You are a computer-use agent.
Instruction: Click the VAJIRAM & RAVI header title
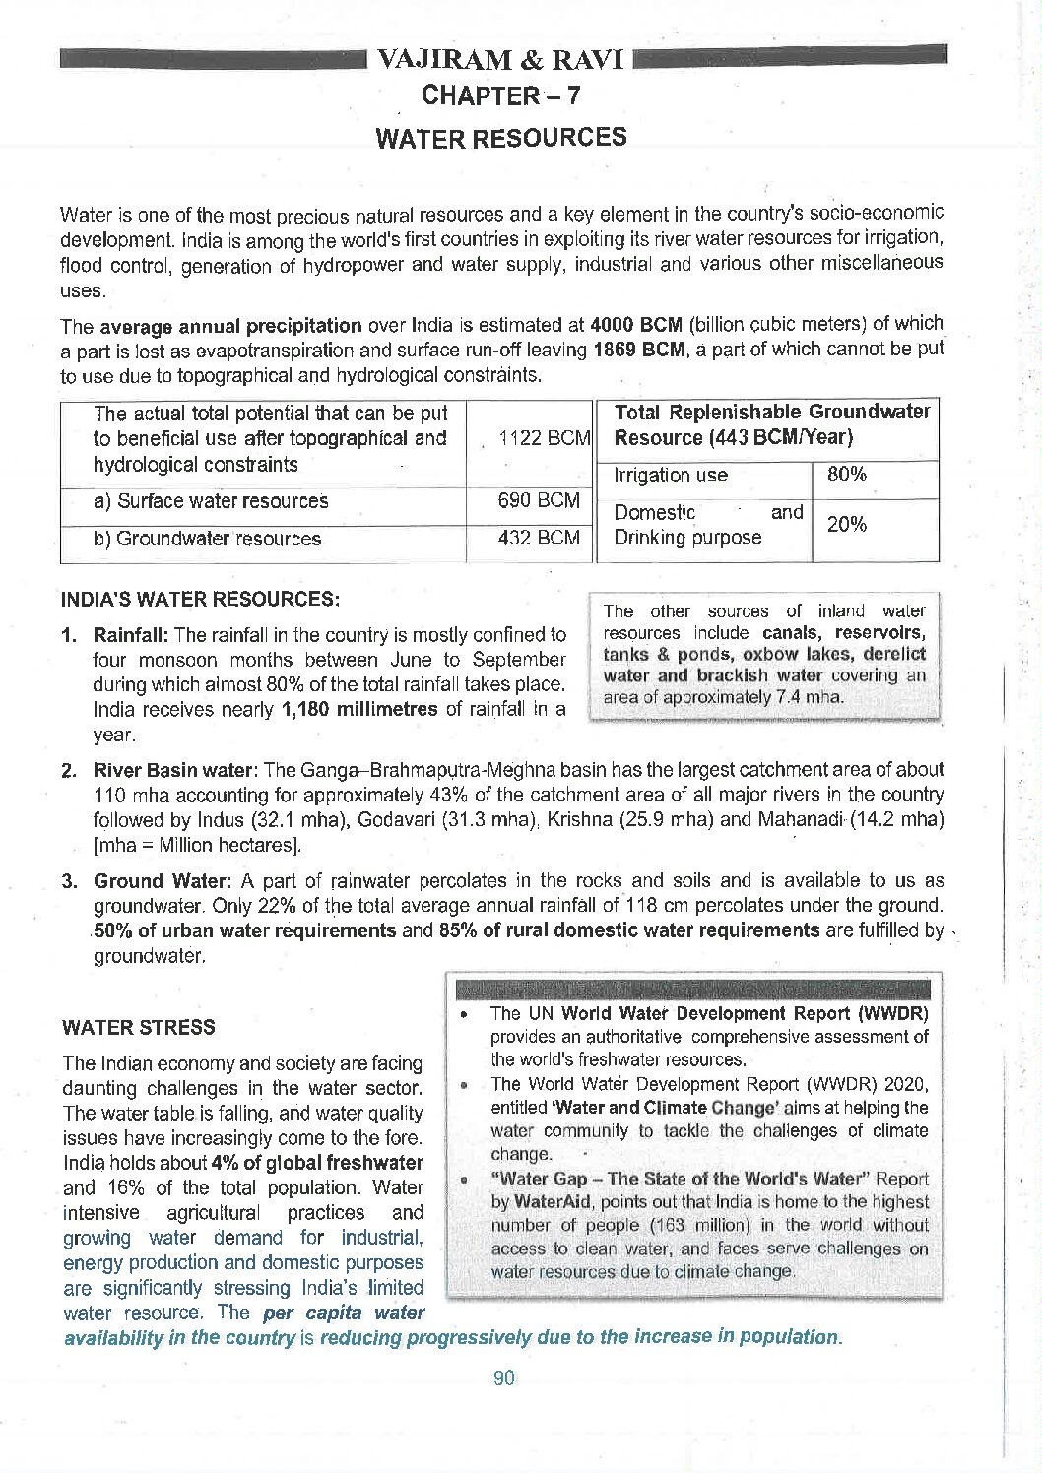500,60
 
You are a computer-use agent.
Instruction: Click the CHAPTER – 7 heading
500,96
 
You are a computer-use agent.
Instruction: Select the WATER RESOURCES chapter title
500,137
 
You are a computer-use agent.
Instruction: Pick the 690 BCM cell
539,500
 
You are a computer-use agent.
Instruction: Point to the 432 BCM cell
539,538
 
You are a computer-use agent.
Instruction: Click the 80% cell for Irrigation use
847,475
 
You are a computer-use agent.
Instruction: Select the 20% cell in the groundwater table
847,524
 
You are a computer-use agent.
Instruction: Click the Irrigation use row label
671,476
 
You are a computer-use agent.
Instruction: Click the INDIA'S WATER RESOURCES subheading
200,599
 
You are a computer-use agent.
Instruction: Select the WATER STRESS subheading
138,1027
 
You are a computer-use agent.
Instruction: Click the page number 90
503,1377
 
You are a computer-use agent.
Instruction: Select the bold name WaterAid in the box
551,1201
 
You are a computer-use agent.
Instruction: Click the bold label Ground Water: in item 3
163,881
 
